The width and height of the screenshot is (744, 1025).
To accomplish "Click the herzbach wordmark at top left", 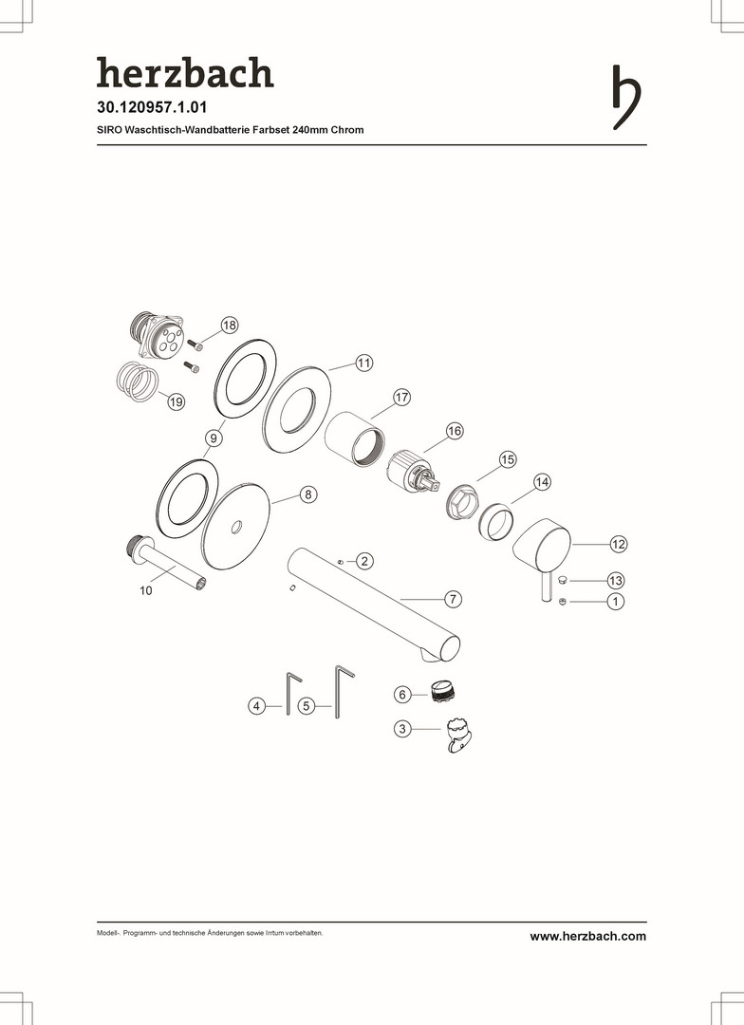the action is pyautogui.click(x=185, y=72).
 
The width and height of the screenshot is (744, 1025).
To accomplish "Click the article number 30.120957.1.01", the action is pyautogui.click(x=152, y=107).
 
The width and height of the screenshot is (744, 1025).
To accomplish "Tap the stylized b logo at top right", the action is pyautogui.click(x=625, y=98).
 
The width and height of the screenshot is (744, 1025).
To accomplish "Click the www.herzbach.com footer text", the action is pyautogui.click(x=587, y=936).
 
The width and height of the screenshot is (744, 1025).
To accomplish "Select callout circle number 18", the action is pyautogui.click(x=230, y=325).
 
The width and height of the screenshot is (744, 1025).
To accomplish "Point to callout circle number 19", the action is pyautogui.click(x=176, y=401).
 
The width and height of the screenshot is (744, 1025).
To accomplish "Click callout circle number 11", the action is pyautogui.click(x=364, y=363).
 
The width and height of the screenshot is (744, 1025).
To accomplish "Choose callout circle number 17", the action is pyautogui.click(x=401, y=397).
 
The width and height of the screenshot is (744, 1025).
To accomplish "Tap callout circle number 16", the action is pyautogui.click(x=455, y=431).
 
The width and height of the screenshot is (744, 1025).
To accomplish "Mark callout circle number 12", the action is pyautogui.click(x=619, y=544).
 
